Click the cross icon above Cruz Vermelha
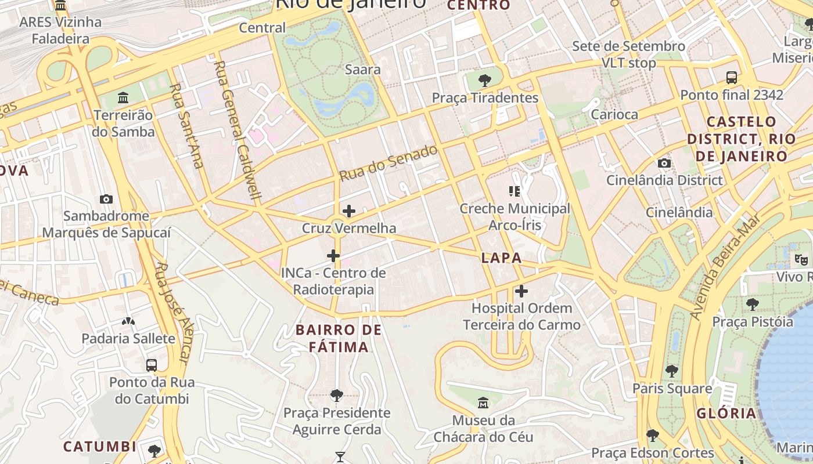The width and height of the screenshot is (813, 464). (349, 211)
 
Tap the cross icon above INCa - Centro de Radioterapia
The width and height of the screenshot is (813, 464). (333, 255)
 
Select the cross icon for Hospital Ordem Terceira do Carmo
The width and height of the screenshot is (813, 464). (521, 291)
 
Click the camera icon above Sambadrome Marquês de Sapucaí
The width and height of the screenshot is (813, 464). (106, 199)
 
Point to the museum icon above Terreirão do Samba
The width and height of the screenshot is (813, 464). (123, 97)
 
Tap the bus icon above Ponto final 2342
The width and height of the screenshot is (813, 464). (732, 77)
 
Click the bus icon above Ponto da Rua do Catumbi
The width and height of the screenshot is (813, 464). (152, 365)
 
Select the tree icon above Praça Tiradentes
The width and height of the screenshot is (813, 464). (485, 80)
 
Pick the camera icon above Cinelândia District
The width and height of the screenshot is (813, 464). (664, 163)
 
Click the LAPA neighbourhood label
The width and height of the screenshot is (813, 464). (502, 259)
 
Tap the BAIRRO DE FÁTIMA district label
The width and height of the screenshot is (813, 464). (339, 339)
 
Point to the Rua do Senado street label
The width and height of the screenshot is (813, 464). (388, 163)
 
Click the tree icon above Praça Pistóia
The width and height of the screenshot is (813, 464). (753, 304)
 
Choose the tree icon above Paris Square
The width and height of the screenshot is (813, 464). (672, 371)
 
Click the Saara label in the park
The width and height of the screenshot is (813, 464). (363, 70)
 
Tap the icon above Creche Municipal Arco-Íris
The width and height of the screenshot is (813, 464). (514, 190)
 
